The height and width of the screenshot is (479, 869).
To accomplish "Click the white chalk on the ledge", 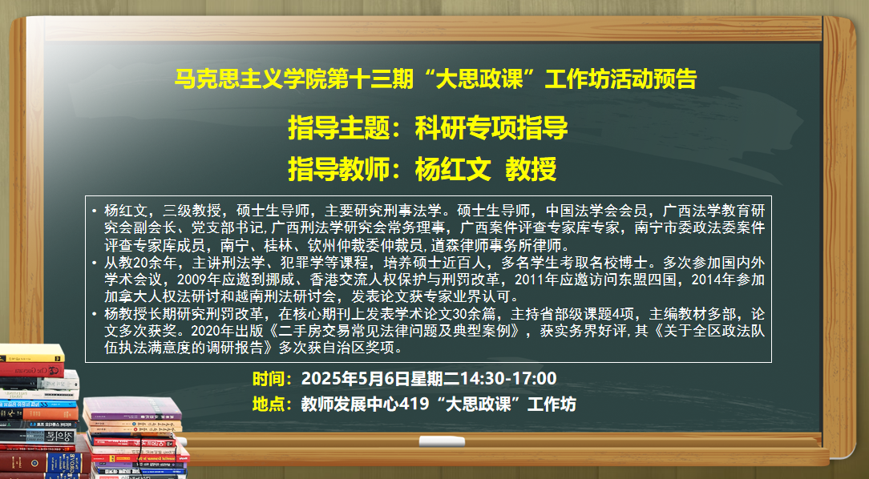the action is (x=442, y=441).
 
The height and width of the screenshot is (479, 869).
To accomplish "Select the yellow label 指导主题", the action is (x=340, y=127).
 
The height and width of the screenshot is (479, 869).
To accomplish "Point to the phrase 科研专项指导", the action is (x=491, y=127).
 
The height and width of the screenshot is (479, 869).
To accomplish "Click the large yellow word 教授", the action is (x=531, y=170).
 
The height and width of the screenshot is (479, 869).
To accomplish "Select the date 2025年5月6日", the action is (x=355, y=379).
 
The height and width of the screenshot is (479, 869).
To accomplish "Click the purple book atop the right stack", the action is (x=132, y=409).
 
